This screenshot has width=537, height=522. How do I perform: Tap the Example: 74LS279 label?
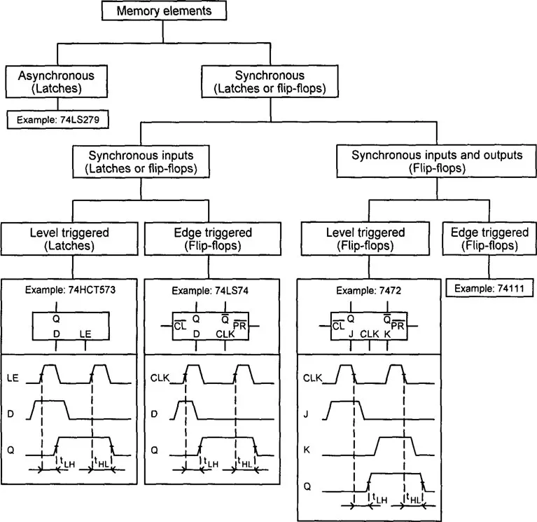(x=60, y=119)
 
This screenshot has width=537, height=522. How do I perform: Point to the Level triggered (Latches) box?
(x=70, y=239)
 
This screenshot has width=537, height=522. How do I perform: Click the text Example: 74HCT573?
(x=70, y=289)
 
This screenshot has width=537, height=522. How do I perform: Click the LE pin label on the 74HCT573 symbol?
(x=86, y=334)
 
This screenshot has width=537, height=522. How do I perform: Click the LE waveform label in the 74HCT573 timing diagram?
(x=12, y=378)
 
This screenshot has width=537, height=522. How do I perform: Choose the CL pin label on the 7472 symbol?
(x=338, y=327)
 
